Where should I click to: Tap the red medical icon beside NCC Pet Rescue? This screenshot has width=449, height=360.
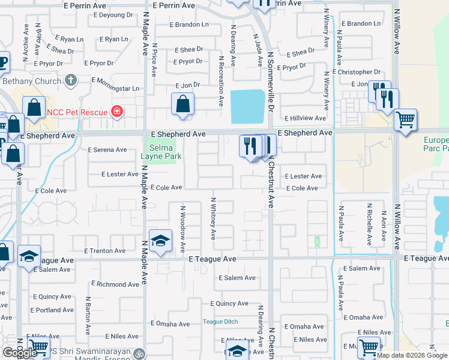[x=116, y=112]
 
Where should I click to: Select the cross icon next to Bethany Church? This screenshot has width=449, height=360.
[x=71, y=80]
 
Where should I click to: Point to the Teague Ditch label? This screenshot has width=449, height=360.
[x=220, y=322]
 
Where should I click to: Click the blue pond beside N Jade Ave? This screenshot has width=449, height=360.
[x=247, y=107]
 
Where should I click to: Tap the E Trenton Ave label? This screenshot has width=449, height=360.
[x=104, y=251]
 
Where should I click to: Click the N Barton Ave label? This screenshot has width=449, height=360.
[x=88, y=316]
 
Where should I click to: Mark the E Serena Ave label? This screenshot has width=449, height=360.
[x=107, y=150]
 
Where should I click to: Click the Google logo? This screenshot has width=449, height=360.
[x=19, y=353]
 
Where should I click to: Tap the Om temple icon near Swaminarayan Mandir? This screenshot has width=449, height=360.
[x=140, y=353]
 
